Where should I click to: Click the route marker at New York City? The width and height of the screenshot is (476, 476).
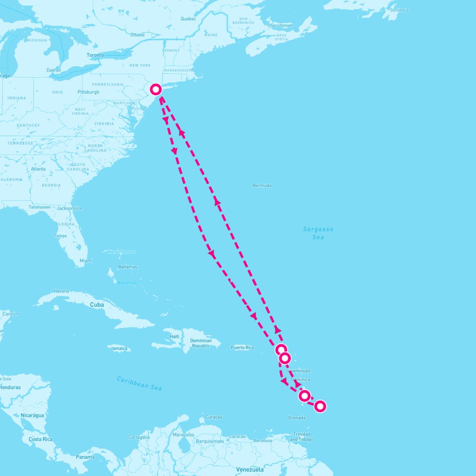[x=156, y=89]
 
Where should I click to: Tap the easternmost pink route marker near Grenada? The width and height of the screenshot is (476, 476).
[x=320, y=406]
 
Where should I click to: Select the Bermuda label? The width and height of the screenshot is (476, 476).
[x=262, y=185]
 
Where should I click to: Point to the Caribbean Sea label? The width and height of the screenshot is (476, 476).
[x=139, y=383]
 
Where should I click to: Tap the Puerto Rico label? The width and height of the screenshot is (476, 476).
[x=242, y=347]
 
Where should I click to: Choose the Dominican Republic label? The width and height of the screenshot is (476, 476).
[x=201, y=343]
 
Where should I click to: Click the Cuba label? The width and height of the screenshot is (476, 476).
[x=97, y=305]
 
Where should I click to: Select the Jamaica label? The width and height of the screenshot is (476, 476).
[x=119, y=349]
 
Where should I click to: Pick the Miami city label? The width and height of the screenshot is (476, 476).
[x=86, y=261]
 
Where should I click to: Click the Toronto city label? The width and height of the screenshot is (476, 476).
[x=95, y=55]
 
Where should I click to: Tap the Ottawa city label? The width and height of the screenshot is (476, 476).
[x=137, y=35]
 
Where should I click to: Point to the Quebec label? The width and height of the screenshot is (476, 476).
[x=188, y=19]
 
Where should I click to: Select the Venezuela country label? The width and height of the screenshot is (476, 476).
[x=250, y=470]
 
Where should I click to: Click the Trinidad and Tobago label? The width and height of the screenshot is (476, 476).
[x=301, y=437]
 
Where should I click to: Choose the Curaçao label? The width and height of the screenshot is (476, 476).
[x=214, y=417]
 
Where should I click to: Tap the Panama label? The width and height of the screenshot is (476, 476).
[x=85, y=457]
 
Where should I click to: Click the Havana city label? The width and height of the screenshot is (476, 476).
[x=61, y=291]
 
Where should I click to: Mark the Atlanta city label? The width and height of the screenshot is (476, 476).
[x=38, y=169]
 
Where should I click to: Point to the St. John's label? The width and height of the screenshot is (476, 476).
[x=399, y=10]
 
